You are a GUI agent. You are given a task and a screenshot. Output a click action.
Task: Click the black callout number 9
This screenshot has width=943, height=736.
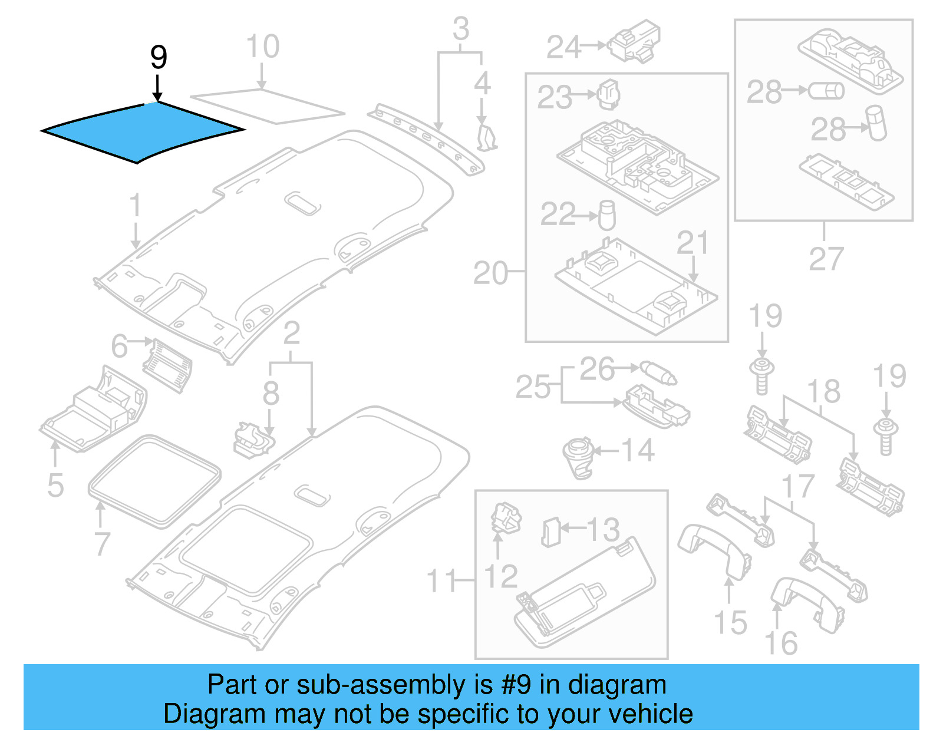coord(158,57)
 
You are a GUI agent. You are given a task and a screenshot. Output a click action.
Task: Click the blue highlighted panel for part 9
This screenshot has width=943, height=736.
coord(141,131)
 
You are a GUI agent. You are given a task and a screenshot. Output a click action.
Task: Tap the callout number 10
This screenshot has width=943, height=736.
coord(262,47)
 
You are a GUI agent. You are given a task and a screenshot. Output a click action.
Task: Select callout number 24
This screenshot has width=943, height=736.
coord(564,47)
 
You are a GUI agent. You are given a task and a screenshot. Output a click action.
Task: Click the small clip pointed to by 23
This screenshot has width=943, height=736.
coord(609,94)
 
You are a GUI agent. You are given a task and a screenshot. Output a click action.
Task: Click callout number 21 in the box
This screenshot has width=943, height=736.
coord(692,242)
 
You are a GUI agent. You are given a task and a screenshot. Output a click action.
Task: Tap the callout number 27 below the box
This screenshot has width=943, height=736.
coord(826,259)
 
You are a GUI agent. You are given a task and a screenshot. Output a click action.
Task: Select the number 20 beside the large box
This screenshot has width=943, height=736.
coord(490,273)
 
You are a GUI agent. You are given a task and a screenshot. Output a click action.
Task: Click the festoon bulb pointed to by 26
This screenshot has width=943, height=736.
coord(658,372)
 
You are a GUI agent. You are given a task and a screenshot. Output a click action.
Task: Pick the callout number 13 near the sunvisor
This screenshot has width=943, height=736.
coord(602,529)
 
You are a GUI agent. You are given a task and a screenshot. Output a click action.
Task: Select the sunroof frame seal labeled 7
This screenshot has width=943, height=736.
coord(154,480)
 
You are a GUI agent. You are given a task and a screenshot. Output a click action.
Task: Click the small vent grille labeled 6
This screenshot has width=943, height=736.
coord(167,364)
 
